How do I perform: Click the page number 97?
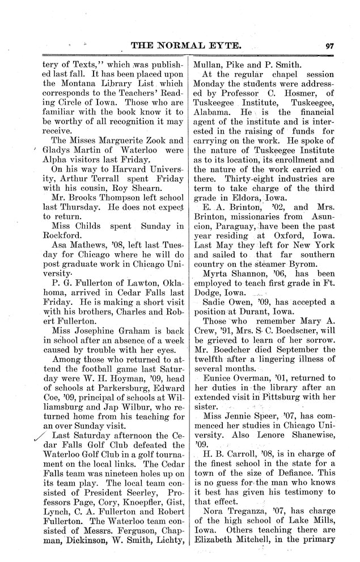coord(329,47)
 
